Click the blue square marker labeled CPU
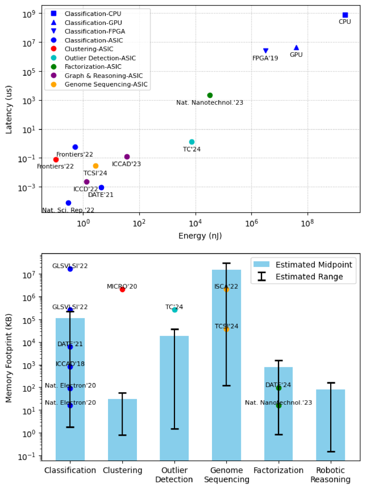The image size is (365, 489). click(x=345, y=15)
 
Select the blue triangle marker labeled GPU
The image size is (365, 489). click(x=296, y=48)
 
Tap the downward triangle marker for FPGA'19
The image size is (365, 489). click(x=266, y=51)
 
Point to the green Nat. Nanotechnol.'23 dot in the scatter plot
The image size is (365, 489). click(x=210, y=95)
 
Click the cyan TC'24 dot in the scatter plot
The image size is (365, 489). click(x=192, y=142)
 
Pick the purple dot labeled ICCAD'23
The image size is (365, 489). click(x=127, y=157)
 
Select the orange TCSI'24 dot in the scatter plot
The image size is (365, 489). click(x=96, y=166)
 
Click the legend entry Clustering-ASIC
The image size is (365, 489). click(x=89, y=49)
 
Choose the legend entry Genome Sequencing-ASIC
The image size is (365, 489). click(x=106, y=84)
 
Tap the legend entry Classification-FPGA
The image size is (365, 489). click(x=95, y=32)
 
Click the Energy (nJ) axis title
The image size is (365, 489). click(x=200, y=236)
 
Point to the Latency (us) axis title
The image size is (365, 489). click(x=9, y=110)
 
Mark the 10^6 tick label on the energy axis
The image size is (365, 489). click(x=252, y=223)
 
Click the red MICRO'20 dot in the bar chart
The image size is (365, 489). click(x=122, y=290)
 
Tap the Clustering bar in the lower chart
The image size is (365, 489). click(x=122, y=429)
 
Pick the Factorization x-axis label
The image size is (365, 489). click(x=278, y=470)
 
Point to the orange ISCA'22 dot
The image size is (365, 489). click(x=226, y=290)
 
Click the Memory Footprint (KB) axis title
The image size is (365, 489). click(x=9, y=358)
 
